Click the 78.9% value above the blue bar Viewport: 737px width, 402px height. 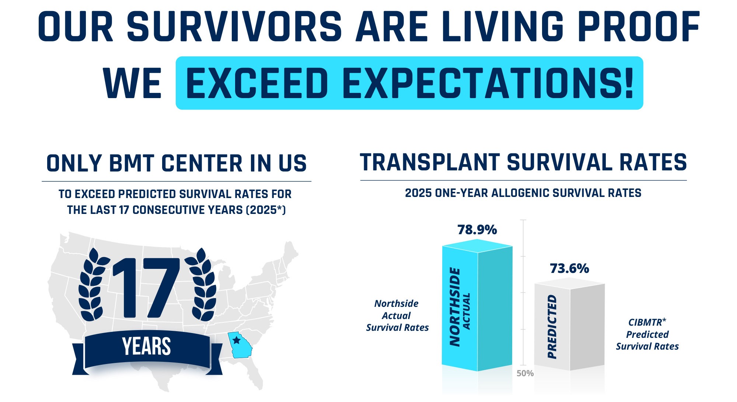[x=477, y=230]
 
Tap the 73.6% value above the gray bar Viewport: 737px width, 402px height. [x=569, y=268]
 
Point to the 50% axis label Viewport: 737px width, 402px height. [x=525, y=373]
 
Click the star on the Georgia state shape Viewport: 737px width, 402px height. [x=237, y=340]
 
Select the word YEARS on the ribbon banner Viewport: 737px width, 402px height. [x=146, y=347]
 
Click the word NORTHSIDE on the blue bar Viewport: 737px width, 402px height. [x=455, y=307]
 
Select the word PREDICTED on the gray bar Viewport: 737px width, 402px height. [x=552, y=326]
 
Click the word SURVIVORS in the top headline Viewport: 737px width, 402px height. [x=234, y=27]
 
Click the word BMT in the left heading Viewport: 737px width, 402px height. [x=132, y=164]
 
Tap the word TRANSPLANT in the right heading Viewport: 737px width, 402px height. [x=429, y=163]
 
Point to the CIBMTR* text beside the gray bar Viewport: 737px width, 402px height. [x=647, y=322]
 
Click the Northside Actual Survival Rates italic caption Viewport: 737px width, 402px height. [x=397, y=316]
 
